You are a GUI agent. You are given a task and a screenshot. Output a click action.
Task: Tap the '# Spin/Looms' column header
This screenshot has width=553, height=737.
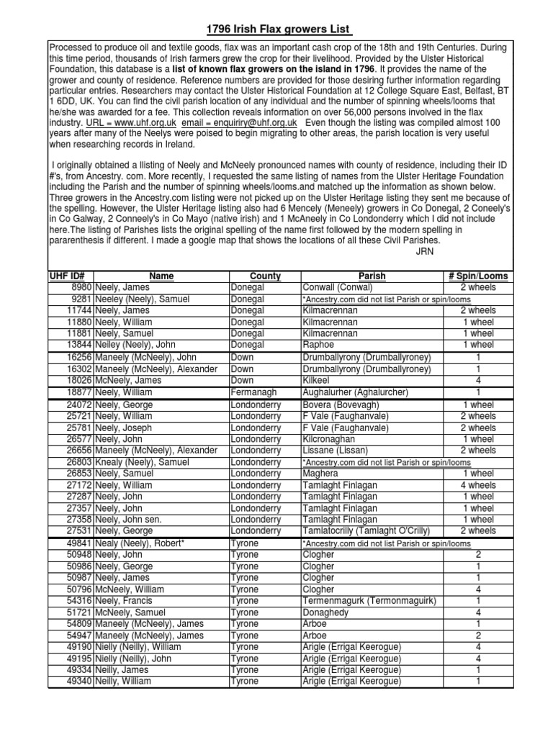point(478,276)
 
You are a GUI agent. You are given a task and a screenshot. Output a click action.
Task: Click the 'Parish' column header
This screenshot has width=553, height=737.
point(372,276)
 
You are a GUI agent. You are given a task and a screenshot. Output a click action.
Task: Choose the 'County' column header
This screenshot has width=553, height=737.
point(265,276)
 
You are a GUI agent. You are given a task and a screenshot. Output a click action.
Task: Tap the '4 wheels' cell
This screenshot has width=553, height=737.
point(478,485)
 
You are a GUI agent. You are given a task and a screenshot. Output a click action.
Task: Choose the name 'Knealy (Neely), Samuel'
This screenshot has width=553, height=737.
point(143,462)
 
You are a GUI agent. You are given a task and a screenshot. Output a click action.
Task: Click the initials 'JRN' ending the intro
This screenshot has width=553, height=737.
point(426,251)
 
